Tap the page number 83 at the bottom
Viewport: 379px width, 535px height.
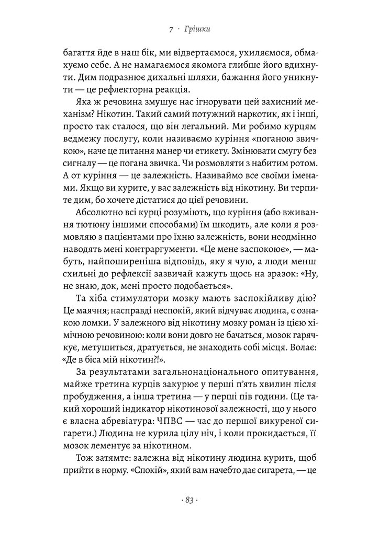189,500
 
